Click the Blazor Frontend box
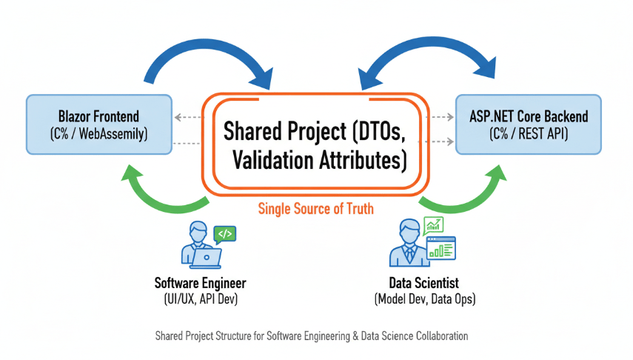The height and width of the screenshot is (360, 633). click(99, 124)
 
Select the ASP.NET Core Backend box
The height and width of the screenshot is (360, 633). click(529, 124)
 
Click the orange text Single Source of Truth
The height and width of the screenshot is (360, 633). click(315, 209)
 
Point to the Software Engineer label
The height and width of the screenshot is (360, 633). click(200, 283)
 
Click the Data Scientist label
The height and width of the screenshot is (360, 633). click(424, 283)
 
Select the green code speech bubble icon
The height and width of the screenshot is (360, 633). click(225, 235)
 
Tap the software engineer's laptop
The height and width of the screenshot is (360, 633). click(206, 259)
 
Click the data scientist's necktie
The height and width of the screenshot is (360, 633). click(409, 255)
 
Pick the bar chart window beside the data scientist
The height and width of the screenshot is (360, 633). click(441, 248)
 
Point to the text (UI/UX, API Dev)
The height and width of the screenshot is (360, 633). click(201, 299)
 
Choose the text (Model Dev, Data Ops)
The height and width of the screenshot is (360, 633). click(425, 299)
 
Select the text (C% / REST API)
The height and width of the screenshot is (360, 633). click(529, 133)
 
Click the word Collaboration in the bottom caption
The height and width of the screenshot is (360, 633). click(442, 336)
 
